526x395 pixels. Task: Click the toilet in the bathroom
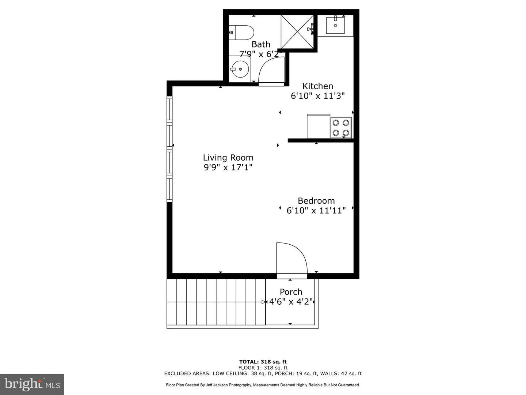pos(242,33)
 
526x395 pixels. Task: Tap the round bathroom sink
pos(240,68)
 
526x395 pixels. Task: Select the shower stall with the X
pos(297,32)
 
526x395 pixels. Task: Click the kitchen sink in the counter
pos(335,25)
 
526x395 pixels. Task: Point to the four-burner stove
pos(341,128)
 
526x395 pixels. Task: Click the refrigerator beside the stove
pos(319,127)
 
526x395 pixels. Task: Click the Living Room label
pos(228,158)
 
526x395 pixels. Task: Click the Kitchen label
pos(317,86)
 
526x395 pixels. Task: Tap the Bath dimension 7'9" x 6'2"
pos(261,54)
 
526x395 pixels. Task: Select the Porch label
pos(291,292)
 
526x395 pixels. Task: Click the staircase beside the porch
pos(216,302)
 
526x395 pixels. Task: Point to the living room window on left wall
pos(169,149)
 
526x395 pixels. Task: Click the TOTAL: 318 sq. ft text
pos(263,362)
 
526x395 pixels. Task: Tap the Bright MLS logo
pos(32,384)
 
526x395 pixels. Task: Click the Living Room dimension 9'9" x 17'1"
pos(228,168)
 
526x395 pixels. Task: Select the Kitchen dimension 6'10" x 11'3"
pos(317,96)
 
